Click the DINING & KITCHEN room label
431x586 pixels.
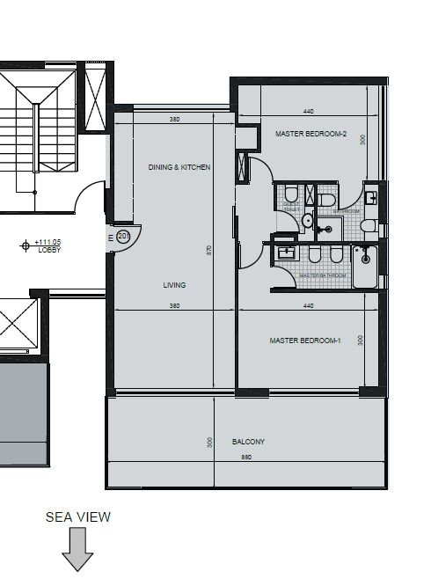coord(179,167)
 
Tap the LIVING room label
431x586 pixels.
coord(174,285)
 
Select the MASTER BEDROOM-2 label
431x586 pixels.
coord(311,134)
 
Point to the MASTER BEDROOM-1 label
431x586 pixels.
coord(305,340)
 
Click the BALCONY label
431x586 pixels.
coord(248,442)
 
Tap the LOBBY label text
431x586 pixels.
coord(48,250)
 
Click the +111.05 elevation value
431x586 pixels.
coord(48,242)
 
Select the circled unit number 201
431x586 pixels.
coord(123,237)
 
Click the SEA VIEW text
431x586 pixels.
coord(78,517)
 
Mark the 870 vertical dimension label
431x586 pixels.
coord(209,250)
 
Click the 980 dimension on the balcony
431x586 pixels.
coord(247,457)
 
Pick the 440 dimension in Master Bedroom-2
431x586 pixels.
coord(308,112)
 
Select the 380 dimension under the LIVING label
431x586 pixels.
coord(174,305)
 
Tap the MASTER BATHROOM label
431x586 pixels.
coord(322,275)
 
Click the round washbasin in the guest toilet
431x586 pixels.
coord(307,220)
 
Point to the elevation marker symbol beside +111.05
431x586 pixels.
coord(24,246)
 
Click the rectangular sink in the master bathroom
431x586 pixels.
coord(284,253)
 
